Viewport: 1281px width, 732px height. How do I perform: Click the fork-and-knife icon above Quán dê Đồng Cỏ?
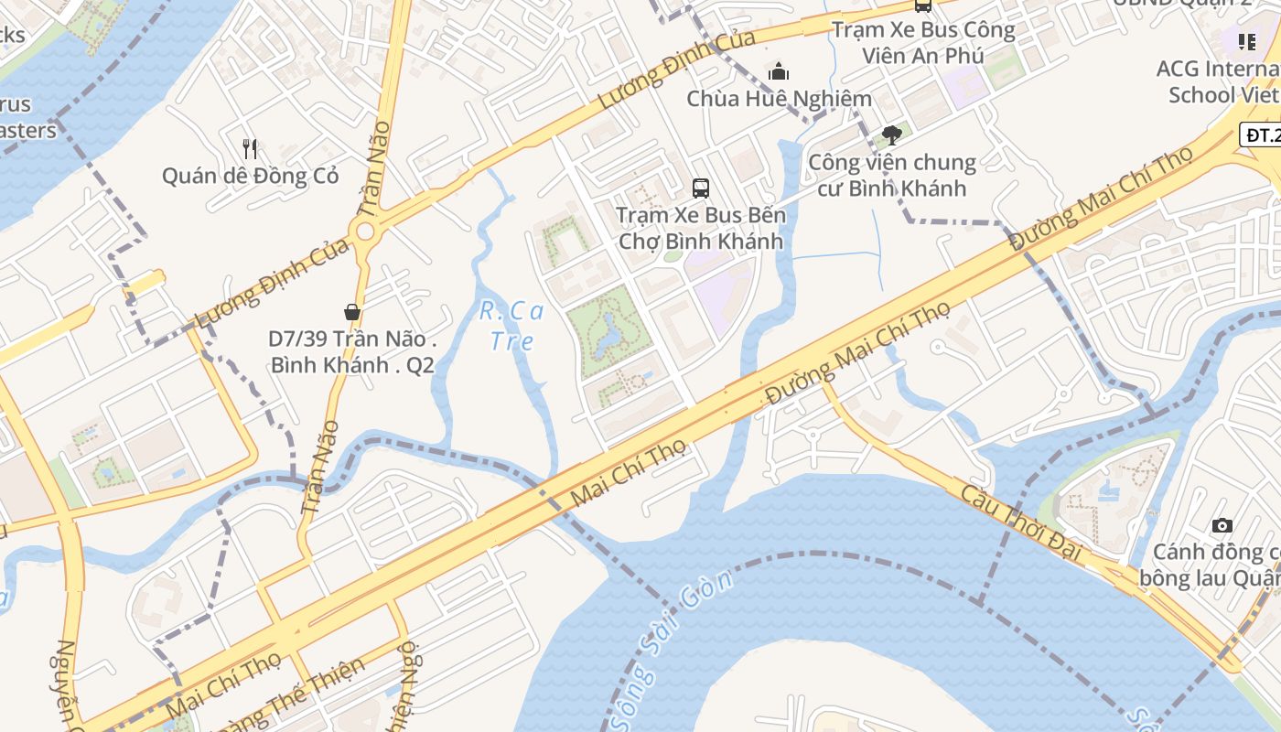pos(250,148)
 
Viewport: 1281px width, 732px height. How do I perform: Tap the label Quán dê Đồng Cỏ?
pos(250,176)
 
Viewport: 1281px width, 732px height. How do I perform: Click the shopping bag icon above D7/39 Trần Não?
pos(352,312)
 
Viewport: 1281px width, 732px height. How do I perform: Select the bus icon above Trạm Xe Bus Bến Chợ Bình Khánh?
pos(701,188)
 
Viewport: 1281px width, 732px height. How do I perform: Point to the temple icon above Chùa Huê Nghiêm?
pos(779,71)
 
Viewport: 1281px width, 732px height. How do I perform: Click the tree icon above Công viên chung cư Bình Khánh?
pos(891,136)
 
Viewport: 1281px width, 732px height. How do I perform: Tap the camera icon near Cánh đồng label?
pos(1222,525)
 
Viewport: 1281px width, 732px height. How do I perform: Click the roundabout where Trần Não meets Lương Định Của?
pos(366,231)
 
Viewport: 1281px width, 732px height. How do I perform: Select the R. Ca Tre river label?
pos(511,326)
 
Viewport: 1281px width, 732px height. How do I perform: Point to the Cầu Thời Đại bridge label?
pos(1021,522)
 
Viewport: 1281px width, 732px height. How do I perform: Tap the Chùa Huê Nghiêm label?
pos(779,98)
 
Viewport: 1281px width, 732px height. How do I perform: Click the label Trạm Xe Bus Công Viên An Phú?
pos(923,42)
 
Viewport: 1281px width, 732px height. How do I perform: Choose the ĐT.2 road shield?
pos(1262,135)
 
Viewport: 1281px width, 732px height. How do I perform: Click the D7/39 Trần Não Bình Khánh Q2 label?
pos(351,351)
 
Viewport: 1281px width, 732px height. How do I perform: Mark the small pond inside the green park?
pos(605,334)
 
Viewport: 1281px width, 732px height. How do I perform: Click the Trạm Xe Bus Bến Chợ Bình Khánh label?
pos(700,228)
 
